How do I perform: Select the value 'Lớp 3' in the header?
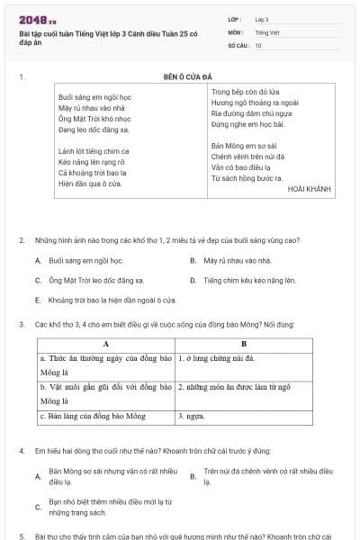tap(262, 19)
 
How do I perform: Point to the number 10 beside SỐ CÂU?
tap(258, 44)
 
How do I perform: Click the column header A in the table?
tap(105, 344)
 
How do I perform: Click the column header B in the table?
tap(243, 344)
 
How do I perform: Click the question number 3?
tap(21, 323)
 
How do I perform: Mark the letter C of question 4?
tap(38, 507)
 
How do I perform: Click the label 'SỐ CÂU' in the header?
tap(238, 44)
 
